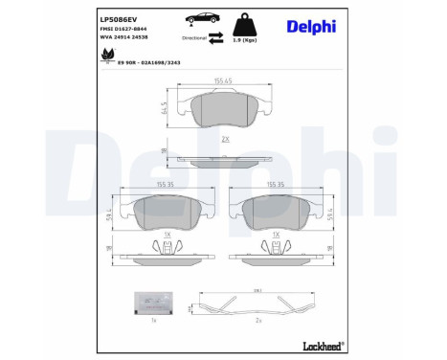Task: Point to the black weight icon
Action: tap(248, 24)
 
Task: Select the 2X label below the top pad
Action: tap(225, 139)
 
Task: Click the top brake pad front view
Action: tap(225, 114)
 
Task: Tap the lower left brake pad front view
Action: tap(168, 213)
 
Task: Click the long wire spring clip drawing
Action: tap(257, 306)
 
